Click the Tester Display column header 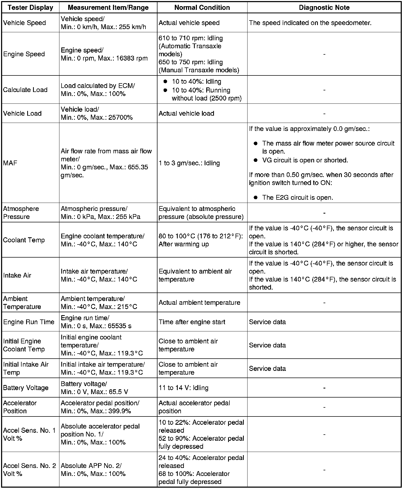pos(30,7)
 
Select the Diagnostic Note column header pos(324,7)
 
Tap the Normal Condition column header pos(202,7)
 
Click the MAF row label pos(10,163)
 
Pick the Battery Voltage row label pos(26,388)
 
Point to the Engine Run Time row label pos(29,322)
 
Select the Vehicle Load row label pos(22,113)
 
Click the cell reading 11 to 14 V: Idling pos(183,388)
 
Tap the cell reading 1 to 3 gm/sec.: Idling pos(189,163)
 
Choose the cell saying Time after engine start pos(192,322)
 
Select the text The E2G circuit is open pos(297,198)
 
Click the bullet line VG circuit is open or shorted pos(305,160)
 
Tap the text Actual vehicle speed pos(189,23)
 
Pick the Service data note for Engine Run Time pos(267,322)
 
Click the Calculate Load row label pos(25,90)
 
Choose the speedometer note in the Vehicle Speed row pos(310,23)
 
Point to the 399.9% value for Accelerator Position pos(120,411)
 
